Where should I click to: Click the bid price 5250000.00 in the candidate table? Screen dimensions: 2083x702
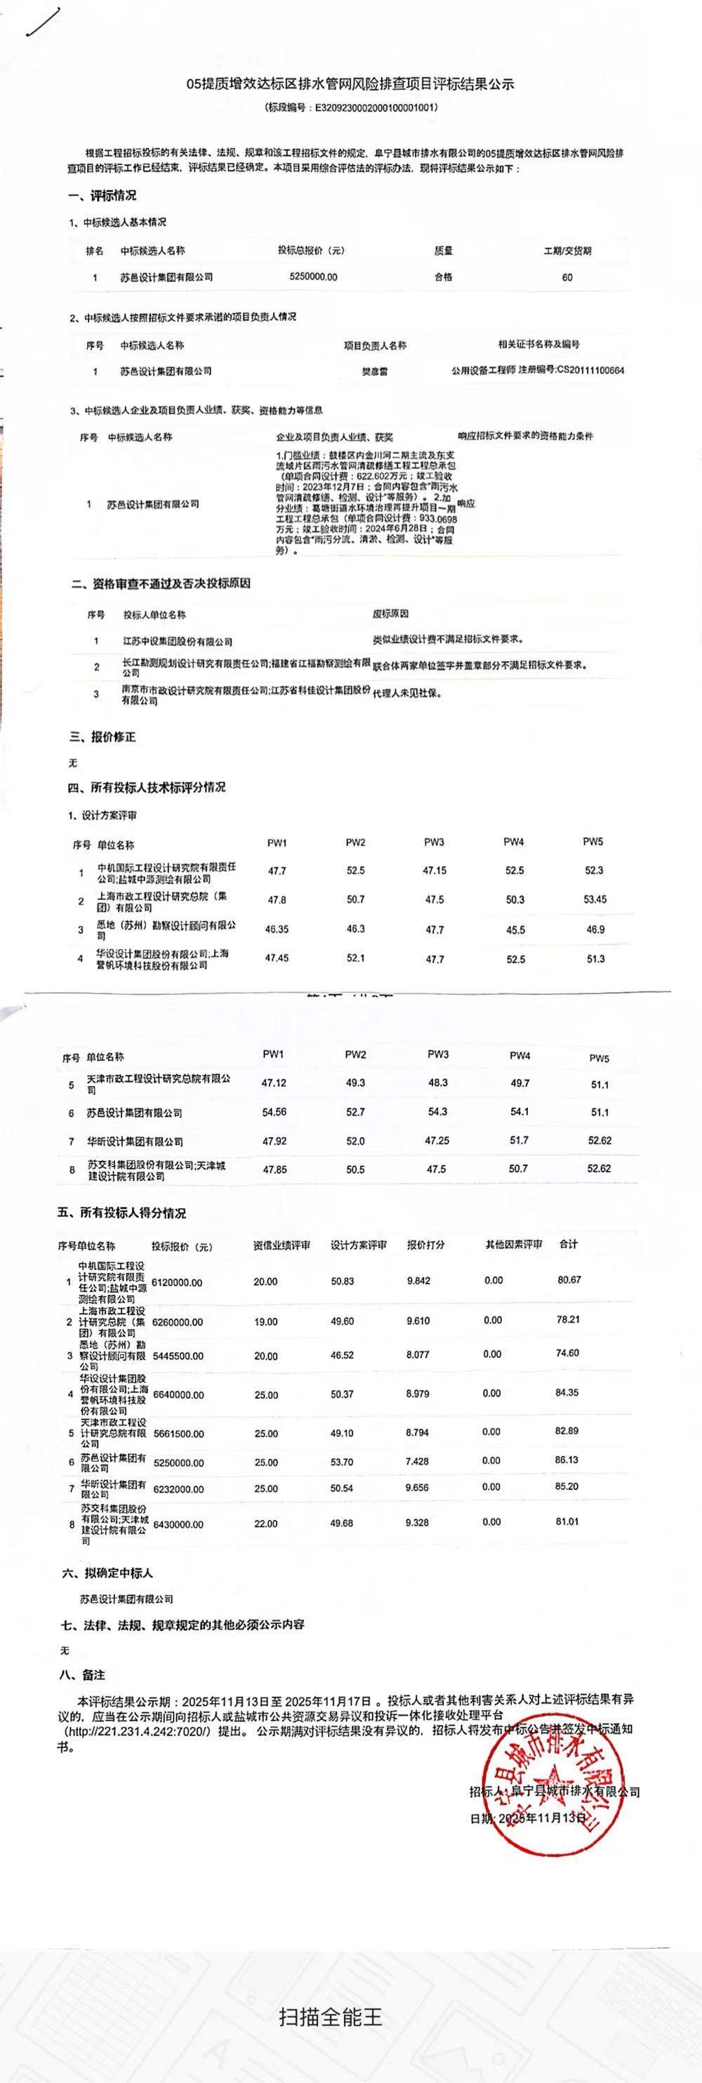(313, 277)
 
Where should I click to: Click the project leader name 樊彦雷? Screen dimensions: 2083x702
(373, 371)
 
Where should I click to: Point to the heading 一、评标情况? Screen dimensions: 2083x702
(102, 196)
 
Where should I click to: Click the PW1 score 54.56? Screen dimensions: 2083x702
(274, 1112)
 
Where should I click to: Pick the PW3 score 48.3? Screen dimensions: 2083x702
(437, 1082)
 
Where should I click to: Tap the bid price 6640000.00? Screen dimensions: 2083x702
(177, 1394)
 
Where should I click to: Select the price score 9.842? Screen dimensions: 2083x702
(418, 1280)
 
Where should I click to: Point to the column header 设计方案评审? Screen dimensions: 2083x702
(358, 1245)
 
